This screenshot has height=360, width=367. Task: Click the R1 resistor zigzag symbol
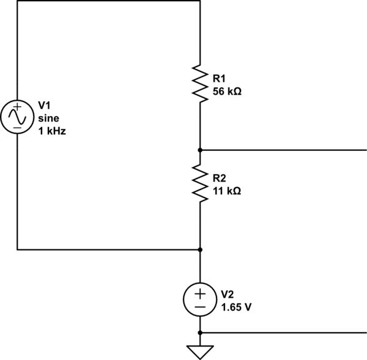tap(200, 83)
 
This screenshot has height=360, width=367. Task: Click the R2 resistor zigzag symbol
tap(200, 182)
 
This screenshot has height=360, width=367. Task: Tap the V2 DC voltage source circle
tap(200, 299)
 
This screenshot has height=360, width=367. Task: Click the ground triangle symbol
tap(200, 352)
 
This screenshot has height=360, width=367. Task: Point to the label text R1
tap(219, 78)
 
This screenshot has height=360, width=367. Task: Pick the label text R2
tap(219, 178)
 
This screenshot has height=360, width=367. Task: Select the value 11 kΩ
tap(226, 191)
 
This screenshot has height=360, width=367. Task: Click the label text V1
tap(45, 105)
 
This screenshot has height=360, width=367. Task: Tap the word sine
tap(48, 117)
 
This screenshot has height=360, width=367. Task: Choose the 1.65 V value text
tap(235, 307)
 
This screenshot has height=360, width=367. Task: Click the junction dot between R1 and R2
tap(200, 149)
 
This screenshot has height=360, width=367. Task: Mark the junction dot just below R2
tap(200, 249)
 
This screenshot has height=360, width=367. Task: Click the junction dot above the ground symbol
tap(200, 332)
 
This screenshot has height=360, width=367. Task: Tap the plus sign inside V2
tap(200, 292)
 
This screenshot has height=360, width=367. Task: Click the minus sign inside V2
tap(200, 306)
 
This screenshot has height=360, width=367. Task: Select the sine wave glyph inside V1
tap(17, 117)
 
